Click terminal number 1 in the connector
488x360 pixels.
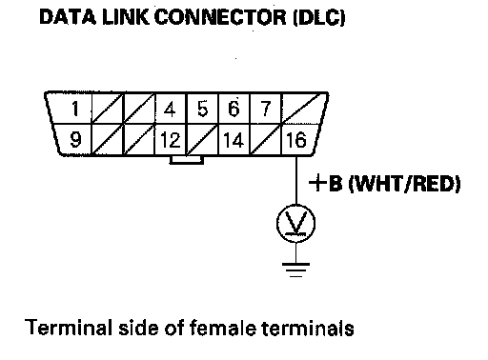click(75, 109)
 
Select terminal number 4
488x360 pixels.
click(170, 109)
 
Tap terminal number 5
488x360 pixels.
click(202, 109)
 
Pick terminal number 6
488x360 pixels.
click(234, 109)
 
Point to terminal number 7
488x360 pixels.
click(266, 109)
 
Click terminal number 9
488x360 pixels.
click(75, 139)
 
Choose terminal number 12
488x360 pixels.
click(171, 140)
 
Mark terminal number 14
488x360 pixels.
click(234, 140)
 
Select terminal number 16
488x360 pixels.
click(296, 140)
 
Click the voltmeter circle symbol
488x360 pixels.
click(295, 224)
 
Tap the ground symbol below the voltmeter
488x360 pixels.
click(295, 270)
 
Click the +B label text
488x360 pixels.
click(326, 183)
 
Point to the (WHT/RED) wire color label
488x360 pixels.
click(404, 184)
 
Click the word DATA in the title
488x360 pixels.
click(68, 16)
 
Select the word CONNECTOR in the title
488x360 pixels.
click(220, 16)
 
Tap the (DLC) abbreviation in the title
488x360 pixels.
click(318, 17)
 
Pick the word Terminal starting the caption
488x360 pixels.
click(69, 328)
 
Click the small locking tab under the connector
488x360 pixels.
click(187, 160)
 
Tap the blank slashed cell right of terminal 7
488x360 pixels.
click(301, 108)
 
